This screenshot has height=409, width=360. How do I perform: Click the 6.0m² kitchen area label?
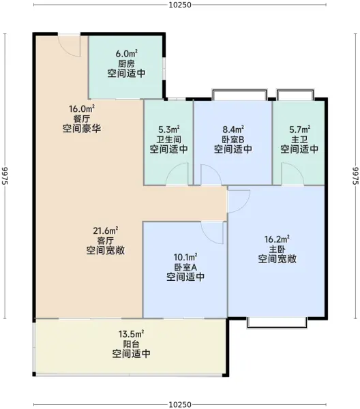click(x=127, y=54)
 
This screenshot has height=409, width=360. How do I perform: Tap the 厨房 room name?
click(x=127, y=63)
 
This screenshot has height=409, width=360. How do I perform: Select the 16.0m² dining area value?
click(x=82, y=108)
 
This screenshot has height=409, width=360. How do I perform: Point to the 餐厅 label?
click(x=82, y=119)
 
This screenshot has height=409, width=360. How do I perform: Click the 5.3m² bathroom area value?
click(x=169, y=130)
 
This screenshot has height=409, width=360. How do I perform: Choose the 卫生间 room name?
click(x=169, y=139)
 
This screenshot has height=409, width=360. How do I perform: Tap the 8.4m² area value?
click(x=233, y=130)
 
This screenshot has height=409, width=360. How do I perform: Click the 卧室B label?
click(x=233, y=140)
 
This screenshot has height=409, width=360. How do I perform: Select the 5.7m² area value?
click(x=299, y=130)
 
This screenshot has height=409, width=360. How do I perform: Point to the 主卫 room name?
click(x=299, y=139)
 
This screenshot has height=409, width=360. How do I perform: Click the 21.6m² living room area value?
click(x=106, y=230)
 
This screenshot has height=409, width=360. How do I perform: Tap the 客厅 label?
click(x=106, y=241)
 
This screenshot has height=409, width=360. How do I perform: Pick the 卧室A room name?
click(x=185, y=267)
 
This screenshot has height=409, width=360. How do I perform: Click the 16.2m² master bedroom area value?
click(x=277, y=239)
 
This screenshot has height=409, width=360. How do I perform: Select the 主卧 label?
click(x=277, y=249)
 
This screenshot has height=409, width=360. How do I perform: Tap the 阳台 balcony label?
click(x=131, y=344)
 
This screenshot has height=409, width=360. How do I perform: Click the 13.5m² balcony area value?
click(x=131, y=334)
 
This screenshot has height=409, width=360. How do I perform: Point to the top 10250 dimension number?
click(x=180, y=5)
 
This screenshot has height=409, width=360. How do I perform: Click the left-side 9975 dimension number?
click(x=5, y=176)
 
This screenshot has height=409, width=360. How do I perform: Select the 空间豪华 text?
click(x=82, y=128)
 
